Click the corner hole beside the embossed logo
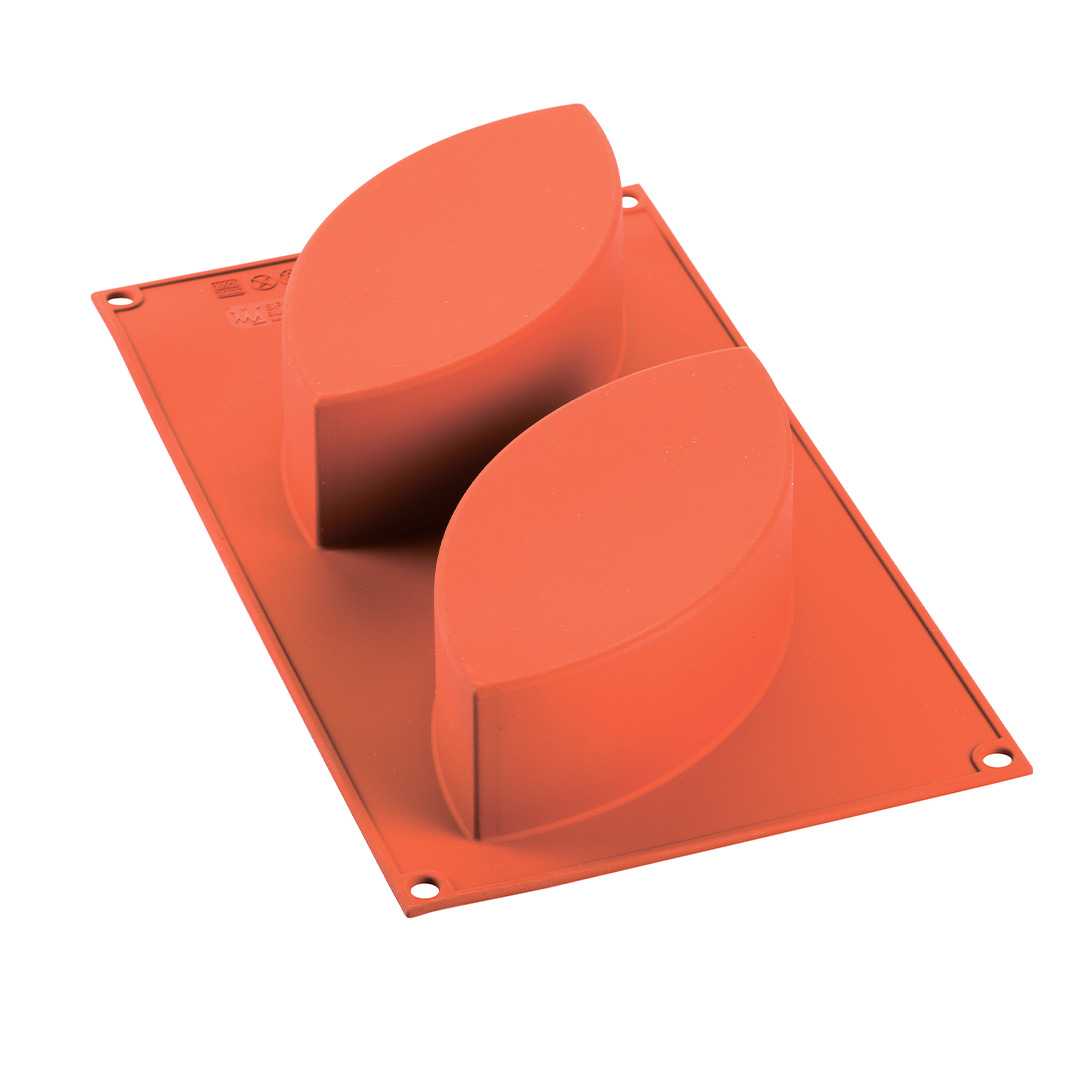[x=120, y=298]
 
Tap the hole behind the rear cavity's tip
[x=629, y=201]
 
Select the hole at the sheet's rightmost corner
[x=996, y=759]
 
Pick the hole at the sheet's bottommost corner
[x=425, y=888]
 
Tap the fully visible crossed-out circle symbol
[x=263, y=282]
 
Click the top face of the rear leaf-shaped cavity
[x=450, y=250]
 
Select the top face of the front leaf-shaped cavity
[x=610, y=520]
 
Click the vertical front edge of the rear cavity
[x=316, y=470]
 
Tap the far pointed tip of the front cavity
[x=745, y=349]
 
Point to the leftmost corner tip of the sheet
[x=93, y=295]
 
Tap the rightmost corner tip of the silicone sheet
[x=1030, y=770]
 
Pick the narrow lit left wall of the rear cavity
[x=298, y=440]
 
